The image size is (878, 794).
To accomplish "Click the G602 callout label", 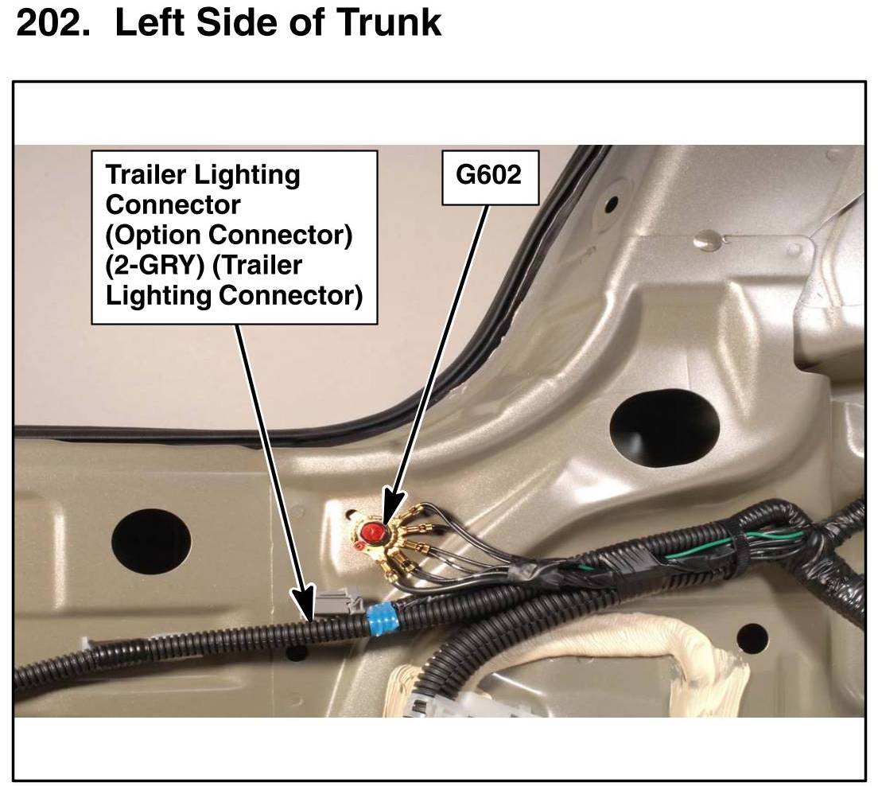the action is pos(488,174).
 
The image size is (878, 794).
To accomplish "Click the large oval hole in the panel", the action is pos(664,427).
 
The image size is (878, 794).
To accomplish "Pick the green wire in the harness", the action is pos(700,554).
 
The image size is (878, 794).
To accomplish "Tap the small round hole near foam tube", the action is pos(752,636).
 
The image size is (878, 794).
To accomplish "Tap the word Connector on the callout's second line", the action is pos(173,204).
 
